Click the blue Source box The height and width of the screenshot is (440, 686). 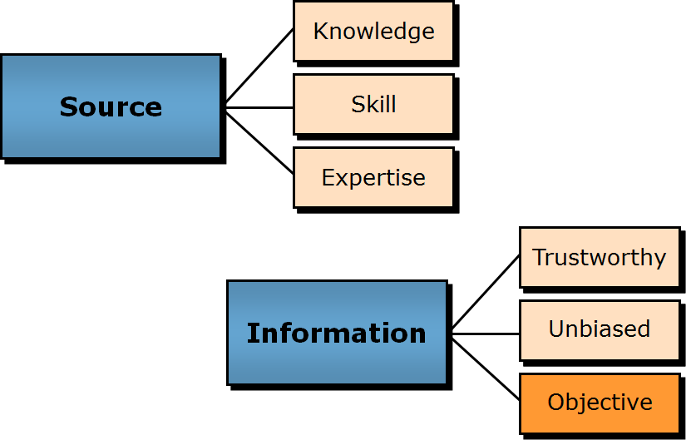click(111, 133)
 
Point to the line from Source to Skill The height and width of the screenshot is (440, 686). click(259, 107)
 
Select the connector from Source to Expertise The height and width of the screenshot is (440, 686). click(259, 141)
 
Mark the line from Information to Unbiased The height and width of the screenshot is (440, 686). click(486, 334)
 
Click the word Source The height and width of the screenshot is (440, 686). click(111, 107)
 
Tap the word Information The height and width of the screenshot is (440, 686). click(336, 334)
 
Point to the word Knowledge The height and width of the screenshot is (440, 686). click(373, 32)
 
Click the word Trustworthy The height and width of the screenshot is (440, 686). click(600, 258)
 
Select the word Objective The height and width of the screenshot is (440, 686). click(600, 403)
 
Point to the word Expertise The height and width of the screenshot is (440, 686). click(373, 178)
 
